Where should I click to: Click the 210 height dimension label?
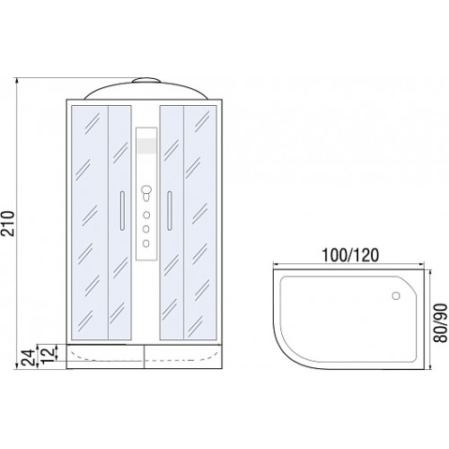(8, 224)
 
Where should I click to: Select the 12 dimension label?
(48, 355)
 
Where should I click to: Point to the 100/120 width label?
(350, 255)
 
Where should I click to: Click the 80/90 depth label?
(441, 322)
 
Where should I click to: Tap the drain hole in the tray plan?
(396, 295)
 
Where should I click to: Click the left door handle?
(122, 210)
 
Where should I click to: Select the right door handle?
(170, 210)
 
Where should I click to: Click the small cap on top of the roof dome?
(146, 80)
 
